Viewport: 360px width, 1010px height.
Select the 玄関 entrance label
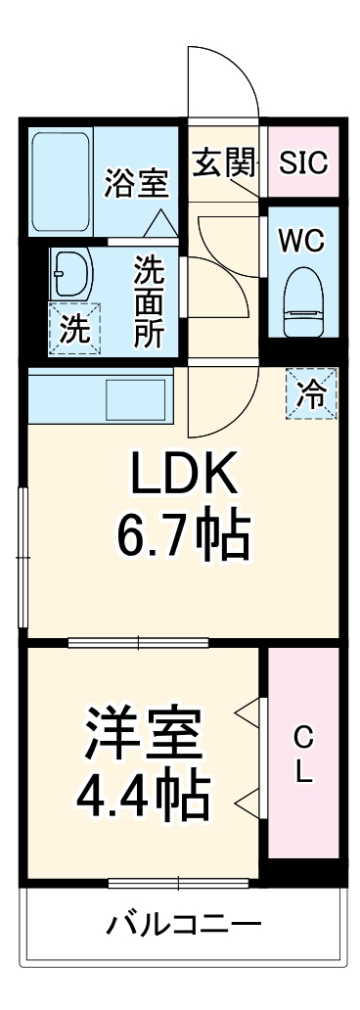[x=222, y=162]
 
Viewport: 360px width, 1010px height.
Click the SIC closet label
[x=302, y=162]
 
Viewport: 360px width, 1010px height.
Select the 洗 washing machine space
[x=73, y=329]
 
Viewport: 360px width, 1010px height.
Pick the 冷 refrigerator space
[x=311, y=393]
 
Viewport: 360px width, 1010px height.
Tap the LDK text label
[x=184, y=476]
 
